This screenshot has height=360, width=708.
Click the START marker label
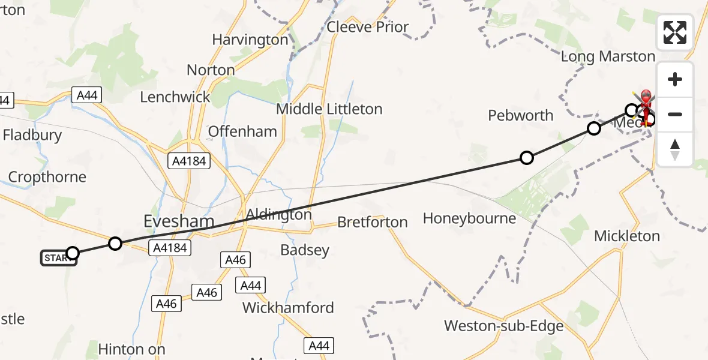click(x=57, y=258)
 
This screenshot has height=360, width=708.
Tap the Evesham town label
click(x=179, y=221)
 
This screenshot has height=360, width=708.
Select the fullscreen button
click(x=675, y=32)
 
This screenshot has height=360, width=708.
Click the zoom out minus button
click(x=675, y=114)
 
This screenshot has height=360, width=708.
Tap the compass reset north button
click(x=675, y=149)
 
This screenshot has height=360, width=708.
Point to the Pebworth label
click(x=521, y=115)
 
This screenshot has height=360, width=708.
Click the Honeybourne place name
click(x=469, y=218)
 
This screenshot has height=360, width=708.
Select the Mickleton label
click(x=627, y=236)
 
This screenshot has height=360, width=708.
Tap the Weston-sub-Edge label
click(x=504, y=326)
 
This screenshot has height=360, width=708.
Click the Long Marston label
click(x=608, y=57)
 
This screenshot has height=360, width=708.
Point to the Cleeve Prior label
click(x=368, y=27)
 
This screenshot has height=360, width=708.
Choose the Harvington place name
click(x=250, y=40)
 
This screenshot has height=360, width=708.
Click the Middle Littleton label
click(x=329, y=109)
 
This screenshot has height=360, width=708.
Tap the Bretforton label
click(x=372, y=222)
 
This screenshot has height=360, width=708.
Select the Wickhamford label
click(x=288, y=308)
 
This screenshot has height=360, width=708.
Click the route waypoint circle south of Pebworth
click(x=526, y=158)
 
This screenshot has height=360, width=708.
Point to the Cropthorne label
click(x=47, y=177)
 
